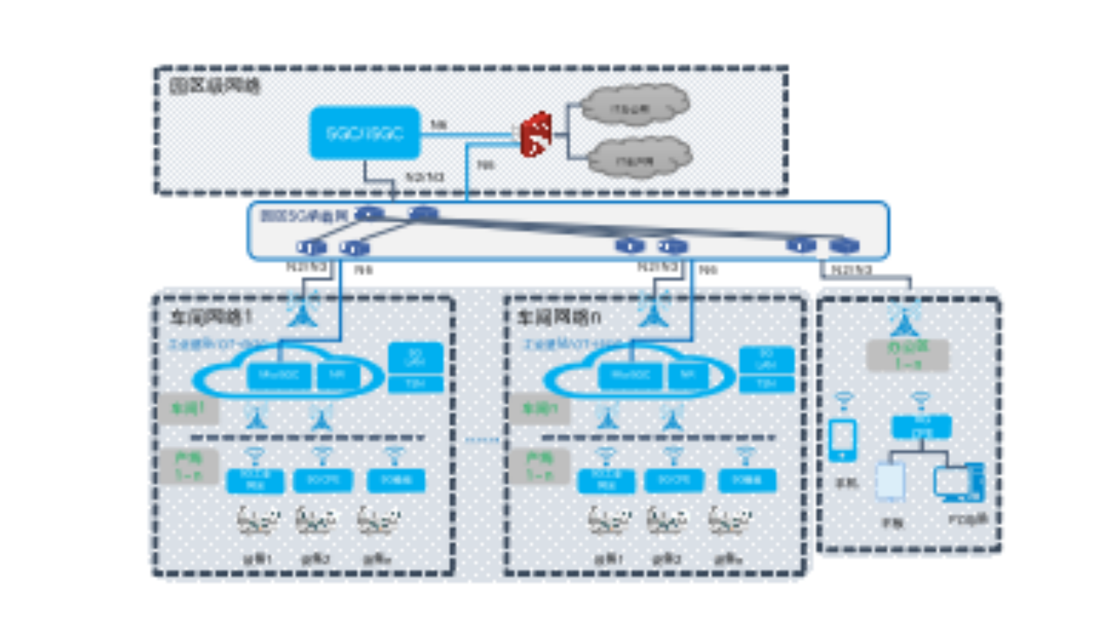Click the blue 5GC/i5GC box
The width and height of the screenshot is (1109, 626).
364,133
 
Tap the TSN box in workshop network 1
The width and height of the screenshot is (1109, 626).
415,383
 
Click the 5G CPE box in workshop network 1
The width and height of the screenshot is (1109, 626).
322,479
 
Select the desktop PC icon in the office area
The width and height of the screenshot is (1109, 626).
959,483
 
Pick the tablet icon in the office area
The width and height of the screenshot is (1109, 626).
889,483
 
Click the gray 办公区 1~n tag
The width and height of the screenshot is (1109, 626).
907,356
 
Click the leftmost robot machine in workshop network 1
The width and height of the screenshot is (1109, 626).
258,521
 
